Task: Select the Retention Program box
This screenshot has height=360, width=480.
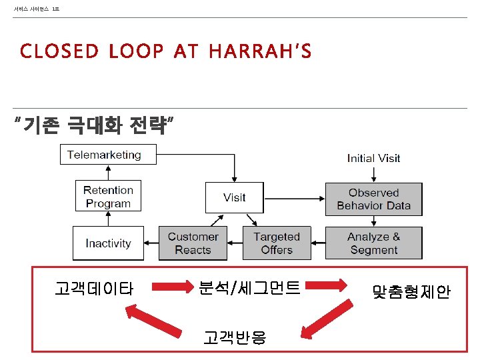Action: pyautogui.click(x=108, y=197)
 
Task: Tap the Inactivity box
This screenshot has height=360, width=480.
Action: pyautogui.click(x=108, y=243)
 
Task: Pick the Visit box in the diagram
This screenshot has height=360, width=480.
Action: pyautogui.click(x=234, y=197)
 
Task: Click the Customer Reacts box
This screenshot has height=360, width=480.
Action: pyautogui.click(x=193, y=243)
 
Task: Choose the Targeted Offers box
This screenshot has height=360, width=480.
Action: pyautogui.click(x=277, y=243)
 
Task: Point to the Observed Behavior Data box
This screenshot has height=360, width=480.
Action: pyautogui.click(x=373, y=199)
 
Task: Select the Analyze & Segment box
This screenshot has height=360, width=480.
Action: pyautogui.click(x=373, y=243)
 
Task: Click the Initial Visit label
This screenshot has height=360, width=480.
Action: pyautogui.click(x=373, y=158)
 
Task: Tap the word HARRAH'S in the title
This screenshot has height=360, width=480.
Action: pyautogui.click(x=259, y=51)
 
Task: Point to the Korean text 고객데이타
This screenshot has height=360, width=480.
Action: pyautogui.click(x=94, y=289)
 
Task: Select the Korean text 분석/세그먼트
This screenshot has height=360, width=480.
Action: pyautogui.click(x=249, y=288)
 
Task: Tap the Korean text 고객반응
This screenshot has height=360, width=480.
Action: pyautogui.click(x=235, y=337)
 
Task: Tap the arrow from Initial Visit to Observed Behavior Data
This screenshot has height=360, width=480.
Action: pyautogui.click(x=373, y=173)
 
